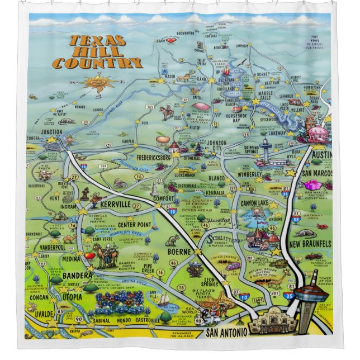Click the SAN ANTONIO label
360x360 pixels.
coord(226,333)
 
